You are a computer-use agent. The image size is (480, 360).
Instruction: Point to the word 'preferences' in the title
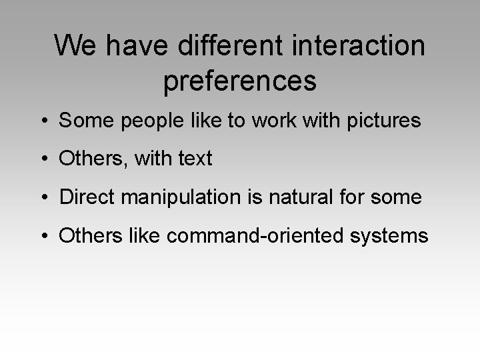point(239,81)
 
